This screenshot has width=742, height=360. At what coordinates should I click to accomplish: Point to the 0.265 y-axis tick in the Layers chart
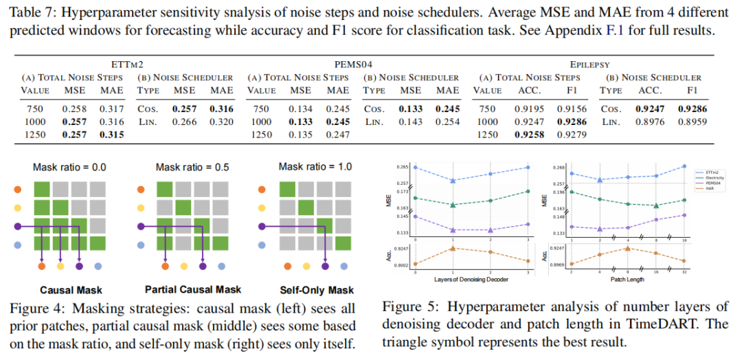(x=402, y=167)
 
